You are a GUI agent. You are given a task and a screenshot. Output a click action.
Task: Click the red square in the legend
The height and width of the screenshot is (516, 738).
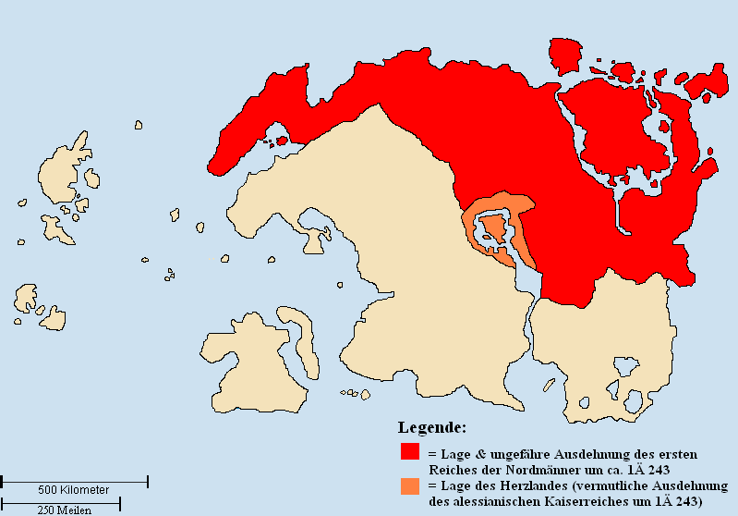pyautogui.click(x=409, y=452)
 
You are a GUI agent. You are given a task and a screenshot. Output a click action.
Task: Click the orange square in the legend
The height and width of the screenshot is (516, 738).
pyautogui.click(x=409, y=485)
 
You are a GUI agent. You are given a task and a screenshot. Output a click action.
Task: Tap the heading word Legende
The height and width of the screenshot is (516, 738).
pyautogui.click(x=431, y=428)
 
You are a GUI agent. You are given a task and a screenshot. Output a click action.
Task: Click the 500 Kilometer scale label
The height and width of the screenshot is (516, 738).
pyautogui.click(x=74, y=489)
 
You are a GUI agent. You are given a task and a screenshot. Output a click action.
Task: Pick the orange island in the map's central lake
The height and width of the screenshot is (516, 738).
pyautogui.click(x=494, y=227)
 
